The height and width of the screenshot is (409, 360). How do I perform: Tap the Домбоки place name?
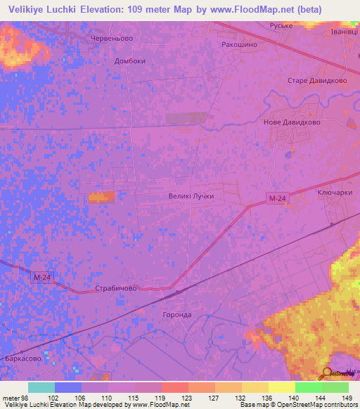point(129,60)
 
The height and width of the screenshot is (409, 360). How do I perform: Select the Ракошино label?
point(239,44)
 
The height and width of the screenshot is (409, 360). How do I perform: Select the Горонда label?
point(176,315)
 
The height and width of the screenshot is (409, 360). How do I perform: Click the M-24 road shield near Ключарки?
point(277,200)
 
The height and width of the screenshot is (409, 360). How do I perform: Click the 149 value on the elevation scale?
point(347,397)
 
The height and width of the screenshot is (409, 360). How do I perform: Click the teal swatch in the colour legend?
point(41,387)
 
